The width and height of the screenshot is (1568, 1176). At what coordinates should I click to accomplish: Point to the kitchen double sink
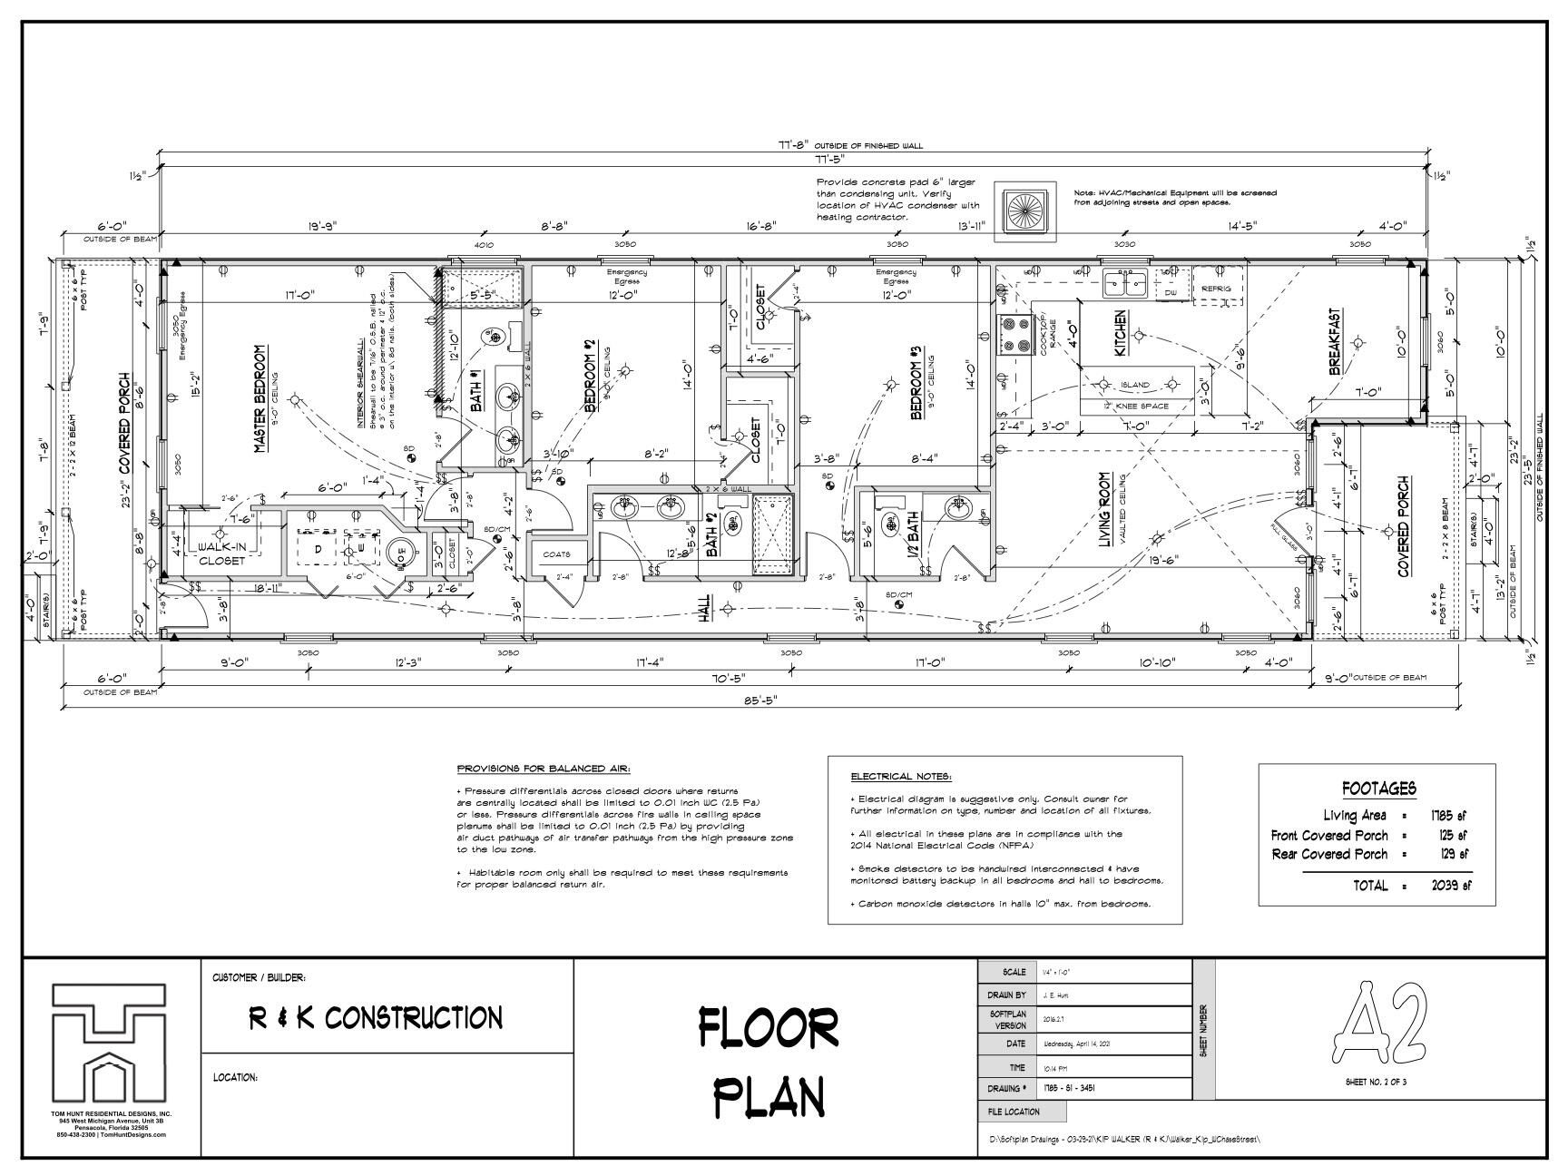(1125, 284)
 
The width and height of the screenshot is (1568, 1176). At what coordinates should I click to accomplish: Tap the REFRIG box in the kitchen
(1216, 289)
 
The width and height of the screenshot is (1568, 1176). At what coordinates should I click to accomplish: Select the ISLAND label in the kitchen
(1134, 385)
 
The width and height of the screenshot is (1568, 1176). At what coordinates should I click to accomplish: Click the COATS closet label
(556, 554)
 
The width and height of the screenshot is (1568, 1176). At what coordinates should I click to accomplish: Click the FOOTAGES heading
(1377, 789)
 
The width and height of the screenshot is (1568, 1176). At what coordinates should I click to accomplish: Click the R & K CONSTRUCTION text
(376, 1018)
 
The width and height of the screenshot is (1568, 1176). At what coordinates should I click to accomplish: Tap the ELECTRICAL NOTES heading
(900, 777)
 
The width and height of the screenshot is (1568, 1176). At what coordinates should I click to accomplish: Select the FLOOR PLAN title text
(769, 1061)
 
